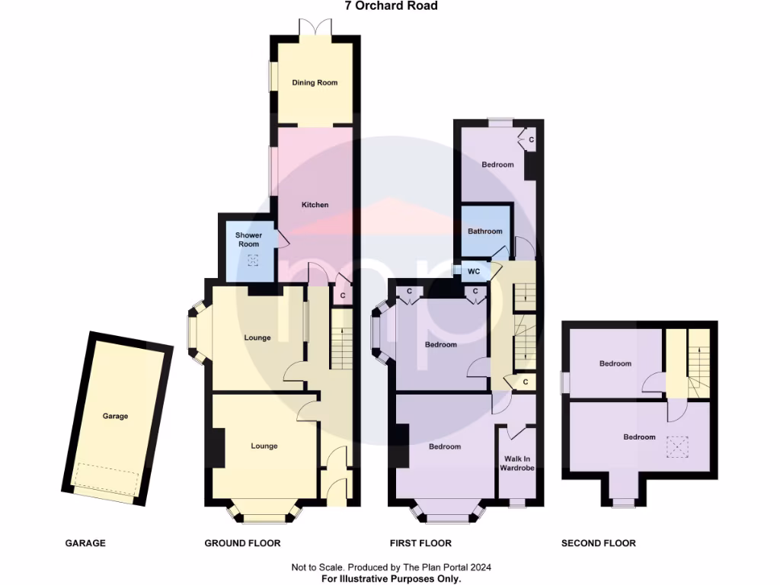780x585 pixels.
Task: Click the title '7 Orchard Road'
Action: pyautogui.click(x=390, y=6)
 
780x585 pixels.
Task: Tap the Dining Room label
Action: pyautogui.click(x=315, y=82)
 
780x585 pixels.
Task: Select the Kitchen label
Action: pyautogui.click(x=315, y=205)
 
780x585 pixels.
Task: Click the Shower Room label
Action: pyautogui.click(x=248, y=240)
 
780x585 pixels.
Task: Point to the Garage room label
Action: pyautogui.click(x=116, y=416)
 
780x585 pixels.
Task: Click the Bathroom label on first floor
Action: pyautogui.click(x=485, y=232)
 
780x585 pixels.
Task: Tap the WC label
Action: pyautogui.click(x=473, y=271)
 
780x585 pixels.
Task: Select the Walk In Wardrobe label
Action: pyautogui.click(x=516, y=464)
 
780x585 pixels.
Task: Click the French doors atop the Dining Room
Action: pyautogui.click(x=315, y=27)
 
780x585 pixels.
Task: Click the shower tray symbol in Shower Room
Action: pyautogui.click(x=254, y=261)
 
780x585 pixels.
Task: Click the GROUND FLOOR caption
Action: pyautogui.click(x=242, y=543)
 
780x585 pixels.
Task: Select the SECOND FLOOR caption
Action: pyautogui.click(x=598, y=543)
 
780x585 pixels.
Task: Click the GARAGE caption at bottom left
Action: pyautogui.click(x=85, y=543)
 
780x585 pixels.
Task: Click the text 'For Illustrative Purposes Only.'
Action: pyautogui.click(x=390, y=579)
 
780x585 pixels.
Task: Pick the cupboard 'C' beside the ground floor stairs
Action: pyautogui.click(x=343, y=296)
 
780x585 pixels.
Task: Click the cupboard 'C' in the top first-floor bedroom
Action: pyautogui.click(x=530, y=139)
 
